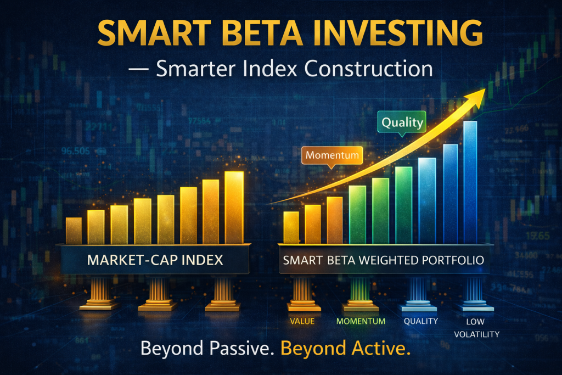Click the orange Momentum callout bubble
pos(333,155)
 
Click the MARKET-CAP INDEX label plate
pos(155,260)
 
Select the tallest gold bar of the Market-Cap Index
pos(234,208)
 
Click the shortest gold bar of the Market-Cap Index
pos(74,231)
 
